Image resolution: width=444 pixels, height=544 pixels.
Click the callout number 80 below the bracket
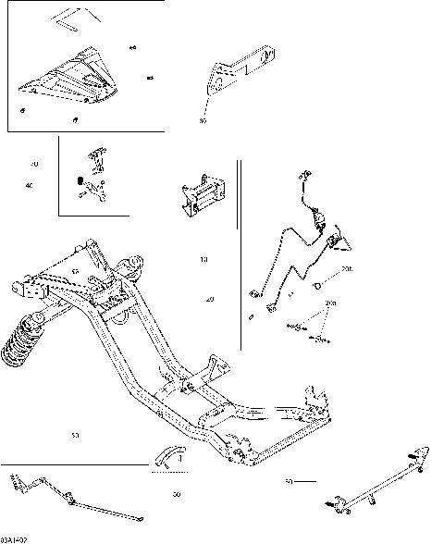point(203,121)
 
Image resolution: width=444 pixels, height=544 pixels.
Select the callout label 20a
point(330,303)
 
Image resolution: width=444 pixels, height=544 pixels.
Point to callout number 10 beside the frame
point(203,259)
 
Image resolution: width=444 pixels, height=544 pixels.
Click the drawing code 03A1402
point(15,538)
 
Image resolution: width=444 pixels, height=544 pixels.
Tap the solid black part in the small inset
point(81,179)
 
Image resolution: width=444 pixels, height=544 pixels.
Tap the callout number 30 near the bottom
point(176,495)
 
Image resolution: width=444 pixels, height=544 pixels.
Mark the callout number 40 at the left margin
point(30,186)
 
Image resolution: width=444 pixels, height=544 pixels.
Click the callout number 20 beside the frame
point(210,301)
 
